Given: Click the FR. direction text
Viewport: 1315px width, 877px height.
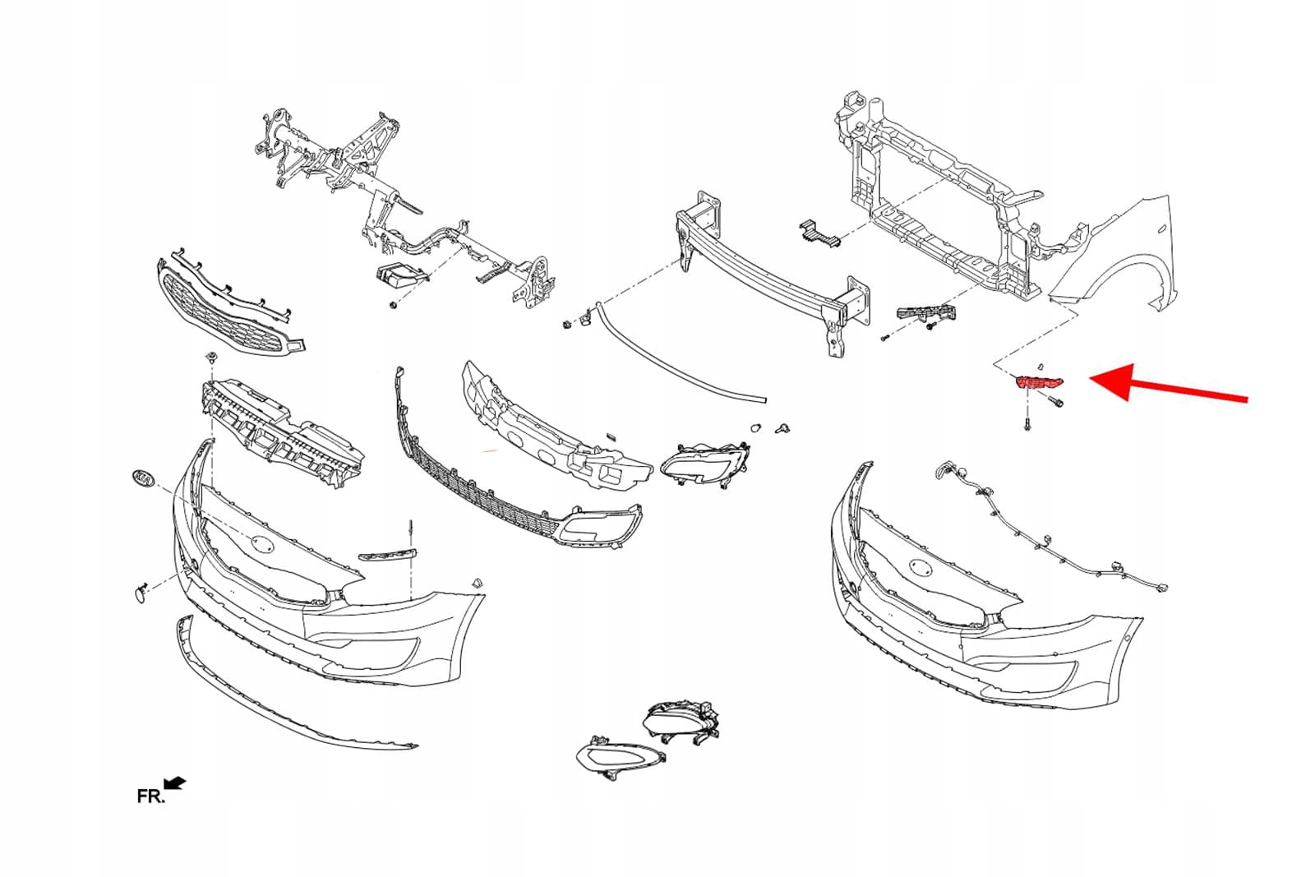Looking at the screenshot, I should pos(150,796).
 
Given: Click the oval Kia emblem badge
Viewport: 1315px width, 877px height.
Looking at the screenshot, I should pos(143,478).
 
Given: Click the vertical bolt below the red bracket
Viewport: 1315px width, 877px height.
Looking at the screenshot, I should pos(1027,423).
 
